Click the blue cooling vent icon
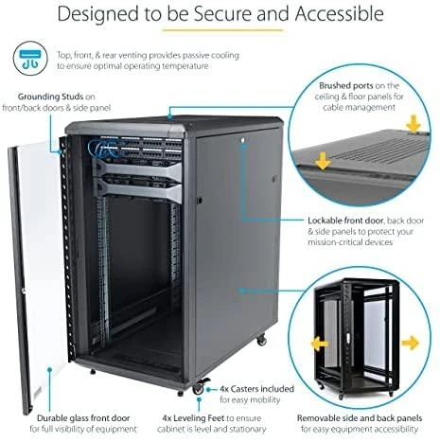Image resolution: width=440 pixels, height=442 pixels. [30, 59]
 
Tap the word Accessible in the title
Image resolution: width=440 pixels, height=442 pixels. [340, 14]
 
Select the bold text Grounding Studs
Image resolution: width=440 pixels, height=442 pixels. [50, 97]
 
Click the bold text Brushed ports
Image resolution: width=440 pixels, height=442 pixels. [346, 85]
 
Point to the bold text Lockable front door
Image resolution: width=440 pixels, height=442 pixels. [345, 221]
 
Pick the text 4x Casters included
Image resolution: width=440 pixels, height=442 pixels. [256, 389]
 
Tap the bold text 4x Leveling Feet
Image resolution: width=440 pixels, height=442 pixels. [193, 418]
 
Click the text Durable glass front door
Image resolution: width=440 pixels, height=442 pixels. [83, 418]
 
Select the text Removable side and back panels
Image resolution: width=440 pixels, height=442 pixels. [360, 418]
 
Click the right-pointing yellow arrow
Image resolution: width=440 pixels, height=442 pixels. [411, 344]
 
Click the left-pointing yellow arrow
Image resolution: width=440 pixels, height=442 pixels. [320, 344]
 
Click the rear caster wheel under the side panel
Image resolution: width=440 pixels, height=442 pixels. [261, 340]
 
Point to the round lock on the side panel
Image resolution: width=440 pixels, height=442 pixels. [243, 140]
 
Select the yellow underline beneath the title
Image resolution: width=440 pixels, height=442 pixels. [222, 30]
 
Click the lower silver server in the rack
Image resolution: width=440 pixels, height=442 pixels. [139, 188]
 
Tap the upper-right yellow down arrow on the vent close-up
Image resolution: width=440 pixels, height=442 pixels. [414, 124]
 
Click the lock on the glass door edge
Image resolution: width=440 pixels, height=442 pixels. [23, 291]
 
